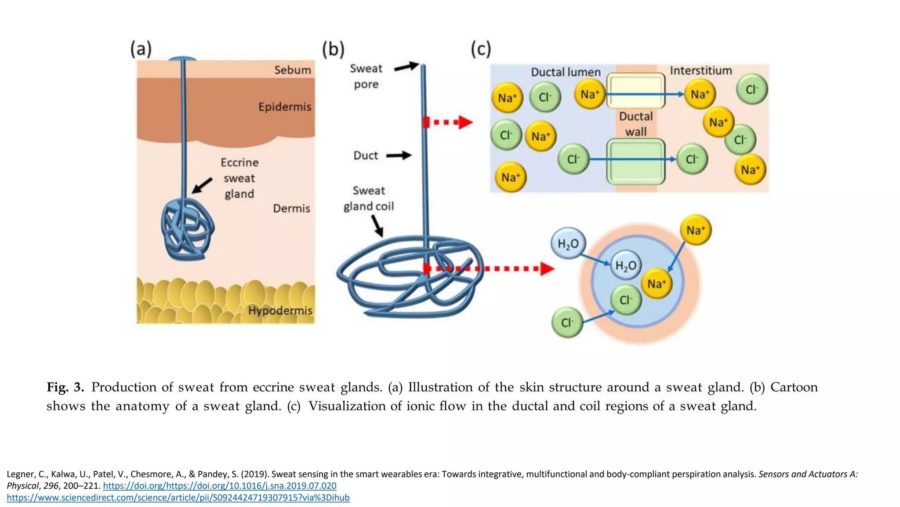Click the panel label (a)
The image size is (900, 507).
coord(141,49)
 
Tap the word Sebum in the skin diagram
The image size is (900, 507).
coord(292,70)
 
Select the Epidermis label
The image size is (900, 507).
coord(284,107)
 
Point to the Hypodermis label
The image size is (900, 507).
coord(280,311)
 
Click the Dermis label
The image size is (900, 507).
coord(291,208)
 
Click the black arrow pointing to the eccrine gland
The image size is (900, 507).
coord(202,185)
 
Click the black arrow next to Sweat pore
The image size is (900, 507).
coord(406,67)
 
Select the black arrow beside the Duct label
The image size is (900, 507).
coord(399,155)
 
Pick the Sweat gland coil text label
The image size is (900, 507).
coord(369,198)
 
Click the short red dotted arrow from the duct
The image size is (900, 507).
coord(448,122)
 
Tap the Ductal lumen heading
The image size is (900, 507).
coord(566,72)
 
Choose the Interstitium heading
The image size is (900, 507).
coord(700,71)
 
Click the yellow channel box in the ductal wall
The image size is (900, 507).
coord(635,91)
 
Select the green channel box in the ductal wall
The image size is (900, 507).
coord(635,162)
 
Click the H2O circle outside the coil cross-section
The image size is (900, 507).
coord(568,243)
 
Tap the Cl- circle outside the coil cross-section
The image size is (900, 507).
coord(567,323)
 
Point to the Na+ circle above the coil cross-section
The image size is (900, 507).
coord(695,230)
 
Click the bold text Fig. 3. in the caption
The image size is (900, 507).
coord(65,387)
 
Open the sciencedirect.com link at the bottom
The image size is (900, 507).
coord(178,498)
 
